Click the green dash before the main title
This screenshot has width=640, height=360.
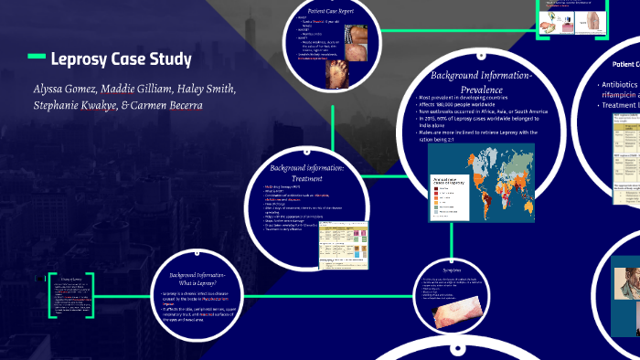[x=36, y=57]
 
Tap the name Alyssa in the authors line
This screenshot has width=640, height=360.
[x=51, y=90]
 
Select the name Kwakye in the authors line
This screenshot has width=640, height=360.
[x=100, y=104]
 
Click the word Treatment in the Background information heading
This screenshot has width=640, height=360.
[x=306, y=178]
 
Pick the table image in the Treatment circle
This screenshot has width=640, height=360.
[x=342, y=240]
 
